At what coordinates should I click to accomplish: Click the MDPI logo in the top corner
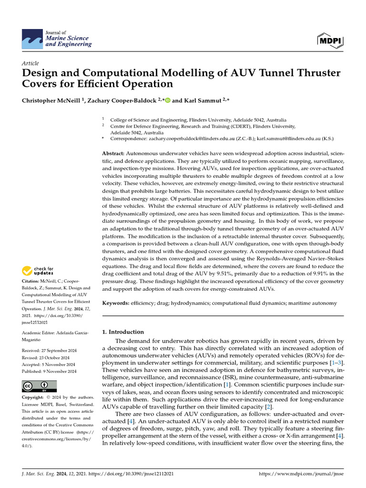pyautogui.click(x=330, y=41)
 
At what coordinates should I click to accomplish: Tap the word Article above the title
pyautogui.click(x=30, y=63)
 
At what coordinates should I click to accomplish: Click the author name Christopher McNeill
pyautogui.click(x=51, y=101)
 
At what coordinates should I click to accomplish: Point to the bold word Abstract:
pyautogui.click(x=113, y=153)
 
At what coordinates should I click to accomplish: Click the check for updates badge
pyautogui.click(x=37, y=271)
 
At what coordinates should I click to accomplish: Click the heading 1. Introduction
pyautogui.click(x=123, y=332)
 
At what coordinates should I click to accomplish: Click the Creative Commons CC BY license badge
pyautogui.click(x=39, y=386)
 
